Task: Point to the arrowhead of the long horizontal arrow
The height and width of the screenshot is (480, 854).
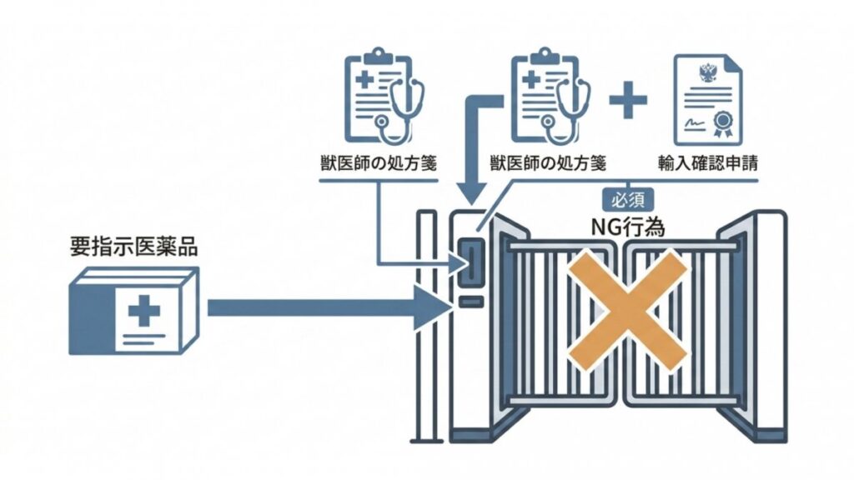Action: click(x=435, y=308)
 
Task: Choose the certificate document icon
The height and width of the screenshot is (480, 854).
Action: click(x=707, y=97)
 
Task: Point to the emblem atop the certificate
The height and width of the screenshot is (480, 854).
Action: click(x=707, y=72)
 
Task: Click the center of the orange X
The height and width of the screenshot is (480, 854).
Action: click(x=632, y=309)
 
